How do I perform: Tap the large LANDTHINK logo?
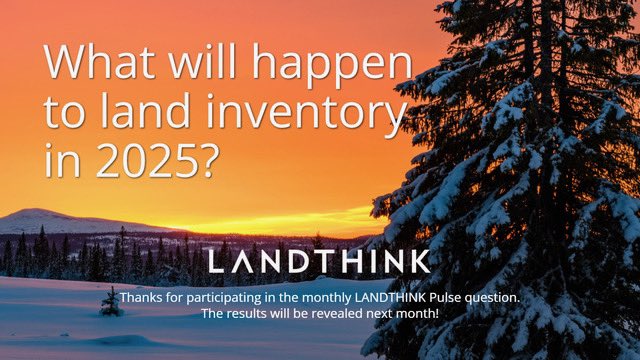click(x=319, y=262)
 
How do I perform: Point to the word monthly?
click(x=324, y=298)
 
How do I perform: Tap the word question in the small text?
click(x=491, y=298)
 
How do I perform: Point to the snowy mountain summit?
click(x=45, y=212)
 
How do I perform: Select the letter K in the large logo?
click(x=420, y=262)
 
